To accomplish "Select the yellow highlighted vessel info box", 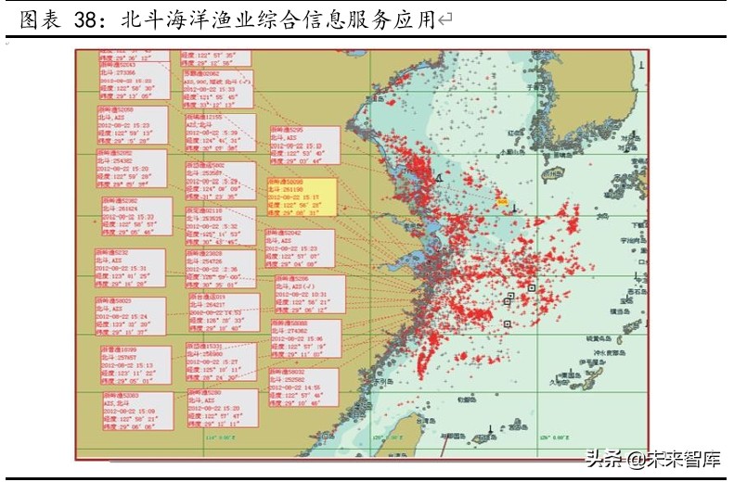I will pos(301,197).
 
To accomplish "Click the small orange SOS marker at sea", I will pos(502,200).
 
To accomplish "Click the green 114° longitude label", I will pos(211,437).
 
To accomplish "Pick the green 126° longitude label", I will pos(556,437).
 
